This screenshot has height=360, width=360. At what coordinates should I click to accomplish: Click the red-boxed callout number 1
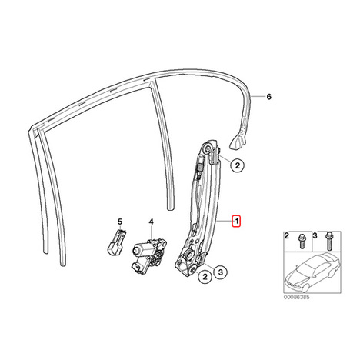(236, 222)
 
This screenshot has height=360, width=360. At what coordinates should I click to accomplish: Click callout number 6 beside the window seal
(268, 97)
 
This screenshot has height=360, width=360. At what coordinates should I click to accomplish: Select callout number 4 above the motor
(152, 222)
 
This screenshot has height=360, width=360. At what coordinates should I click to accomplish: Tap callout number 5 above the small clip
(120, 222)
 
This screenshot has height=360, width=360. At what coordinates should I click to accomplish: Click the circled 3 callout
(221, 272)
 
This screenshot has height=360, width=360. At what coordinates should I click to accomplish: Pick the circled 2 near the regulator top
(238, 165)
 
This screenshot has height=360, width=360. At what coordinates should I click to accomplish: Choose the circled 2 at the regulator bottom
(205, 276)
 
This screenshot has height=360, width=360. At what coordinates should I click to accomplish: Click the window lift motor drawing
(149, 255)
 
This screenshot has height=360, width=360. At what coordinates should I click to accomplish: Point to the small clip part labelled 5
(116, 242)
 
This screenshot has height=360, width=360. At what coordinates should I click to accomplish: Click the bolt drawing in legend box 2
(302, 241)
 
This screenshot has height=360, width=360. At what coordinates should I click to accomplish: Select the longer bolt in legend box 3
(328, 242)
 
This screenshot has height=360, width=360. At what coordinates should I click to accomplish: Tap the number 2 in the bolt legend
(287, 235)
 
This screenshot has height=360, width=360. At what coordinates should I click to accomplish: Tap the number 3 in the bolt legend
(315, 235)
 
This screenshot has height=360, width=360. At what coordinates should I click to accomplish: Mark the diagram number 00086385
(296, 297)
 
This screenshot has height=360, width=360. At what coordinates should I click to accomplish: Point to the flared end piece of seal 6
(238, 142)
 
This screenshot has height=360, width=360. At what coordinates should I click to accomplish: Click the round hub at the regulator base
(189, 255)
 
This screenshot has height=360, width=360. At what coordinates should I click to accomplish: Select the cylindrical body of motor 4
(140, 248)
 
